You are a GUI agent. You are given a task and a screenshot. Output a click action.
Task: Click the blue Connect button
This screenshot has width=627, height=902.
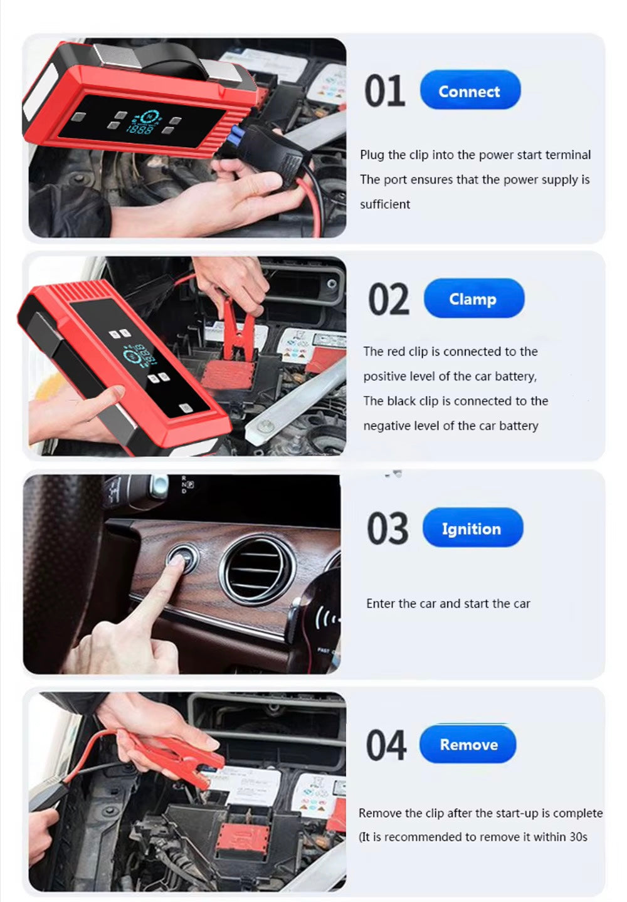pos(470,90)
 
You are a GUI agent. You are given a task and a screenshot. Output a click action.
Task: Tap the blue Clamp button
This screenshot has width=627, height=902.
pos(474,298)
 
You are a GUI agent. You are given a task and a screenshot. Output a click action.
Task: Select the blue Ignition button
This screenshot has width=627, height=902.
pos(473,527)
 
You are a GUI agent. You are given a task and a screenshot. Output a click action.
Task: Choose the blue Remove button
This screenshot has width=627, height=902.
pos(468,744)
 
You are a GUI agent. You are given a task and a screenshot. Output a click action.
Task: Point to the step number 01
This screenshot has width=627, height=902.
pos(384,91)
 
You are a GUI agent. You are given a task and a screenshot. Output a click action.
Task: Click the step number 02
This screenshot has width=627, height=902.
pos(389,299)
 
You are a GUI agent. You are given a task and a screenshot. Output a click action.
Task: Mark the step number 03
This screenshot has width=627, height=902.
pos(387,528)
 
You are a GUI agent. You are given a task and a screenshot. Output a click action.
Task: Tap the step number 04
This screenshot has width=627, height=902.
pos(386,745)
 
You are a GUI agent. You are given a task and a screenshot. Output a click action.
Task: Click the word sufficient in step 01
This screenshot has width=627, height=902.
pos(385,204)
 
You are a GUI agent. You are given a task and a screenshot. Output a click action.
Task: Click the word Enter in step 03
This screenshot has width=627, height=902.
pos(381,603)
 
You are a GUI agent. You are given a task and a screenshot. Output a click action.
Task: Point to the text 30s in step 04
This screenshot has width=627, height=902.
pos(578,837)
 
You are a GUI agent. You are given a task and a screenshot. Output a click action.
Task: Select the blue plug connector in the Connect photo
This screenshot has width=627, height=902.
pos(238,135)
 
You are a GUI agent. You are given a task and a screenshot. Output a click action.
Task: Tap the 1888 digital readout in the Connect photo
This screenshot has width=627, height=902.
pos(140,130)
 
